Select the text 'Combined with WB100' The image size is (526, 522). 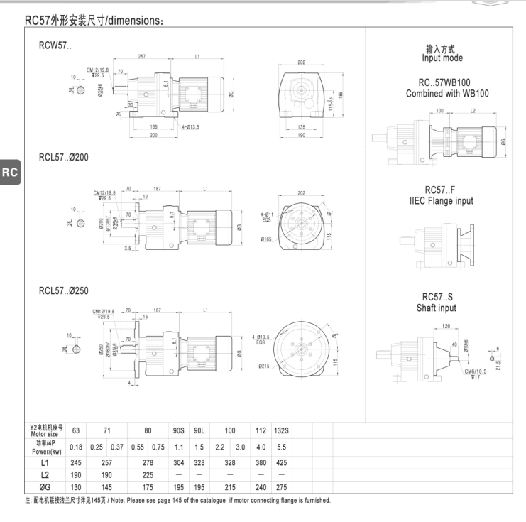(x=447, y=94)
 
